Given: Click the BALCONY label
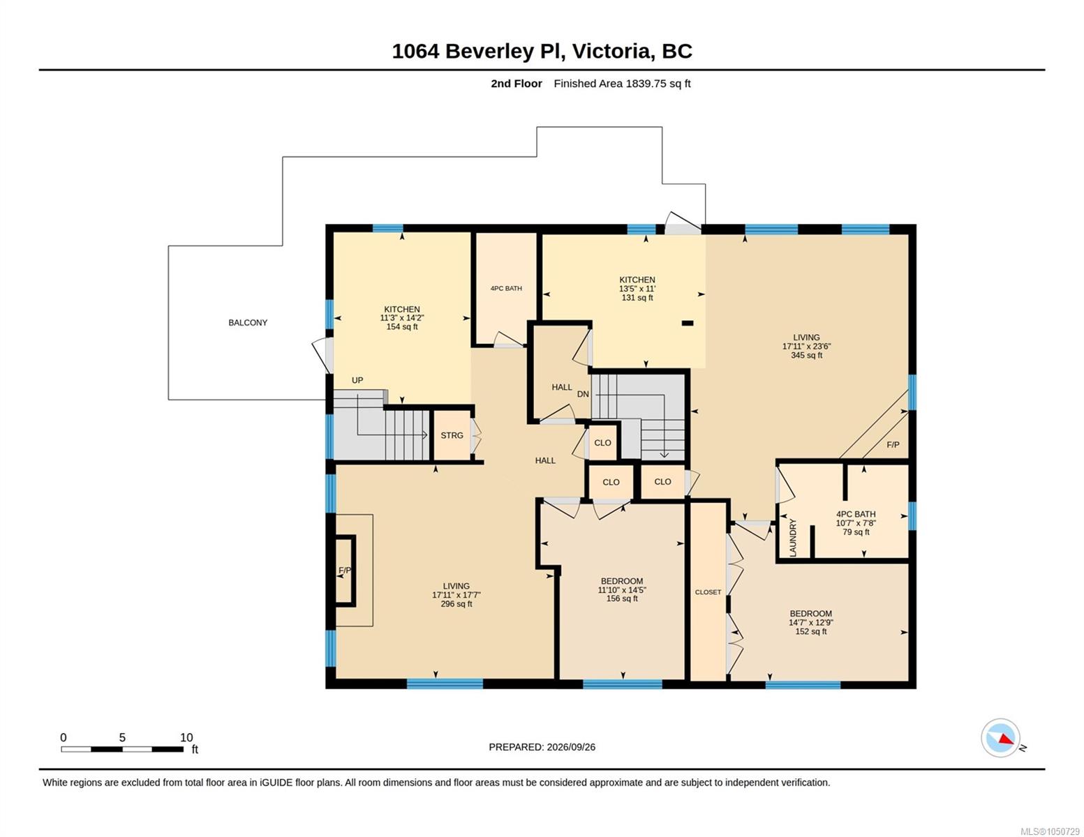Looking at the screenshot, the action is [x=247, y=322].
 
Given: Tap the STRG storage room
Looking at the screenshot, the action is [x=452, y=435].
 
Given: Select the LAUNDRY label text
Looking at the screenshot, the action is [x=793, y=537].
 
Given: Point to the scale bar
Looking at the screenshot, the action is [x=122, y=748].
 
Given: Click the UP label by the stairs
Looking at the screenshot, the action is [x=357, y=380].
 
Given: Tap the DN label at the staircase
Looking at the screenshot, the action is [x=583, y=394].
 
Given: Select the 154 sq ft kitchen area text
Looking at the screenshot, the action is [x=401, y=326].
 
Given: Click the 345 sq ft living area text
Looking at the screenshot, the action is [x=806, y=355].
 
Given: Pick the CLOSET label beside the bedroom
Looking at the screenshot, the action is [x=708, y=591].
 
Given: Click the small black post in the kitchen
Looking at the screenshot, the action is [x=688, y=323].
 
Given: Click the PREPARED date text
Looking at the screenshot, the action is [x=542, y=747].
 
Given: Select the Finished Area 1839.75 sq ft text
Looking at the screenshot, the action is [x=622, y=83].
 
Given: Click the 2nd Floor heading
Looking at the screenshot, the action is [x=517, y=83].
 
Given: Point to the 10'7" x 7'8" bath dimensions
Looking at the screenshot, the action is [x=856, y=523].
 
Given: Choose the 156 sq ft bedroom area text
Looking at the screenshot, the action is [x=621, y=598].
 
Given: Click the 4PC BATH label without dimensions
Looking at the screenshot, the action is [x=506, y=288].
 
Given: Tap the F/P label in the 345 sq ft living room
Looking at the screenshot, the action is [x=893, y=444].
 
